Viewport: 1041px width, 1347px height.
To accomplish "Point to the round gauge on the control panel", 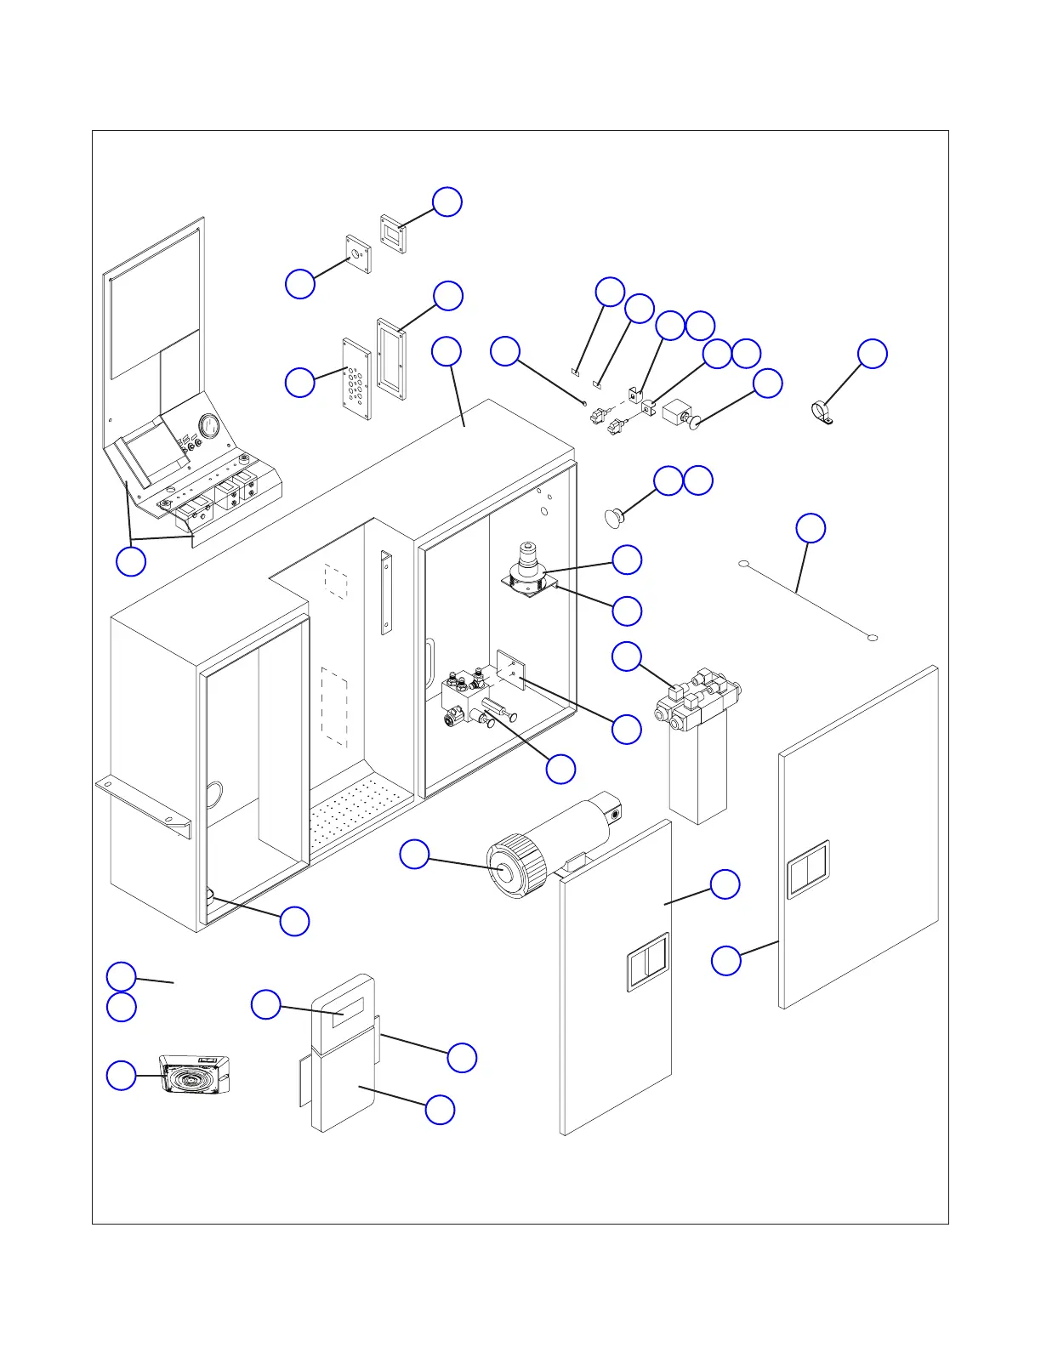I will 208,423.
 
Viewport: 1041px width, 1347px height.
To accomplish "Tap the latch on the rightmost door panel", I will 807,869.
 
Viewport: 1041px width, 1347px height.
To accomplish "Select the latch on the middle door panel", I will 648,962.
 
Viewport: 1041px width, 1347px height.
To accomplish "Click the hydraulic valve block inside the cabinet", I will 468,693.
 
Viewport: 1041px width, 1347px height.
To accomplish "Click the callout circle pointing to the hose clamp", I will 872,354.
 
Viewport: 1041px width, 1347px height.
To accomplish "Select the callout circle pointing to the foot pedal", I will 121,1076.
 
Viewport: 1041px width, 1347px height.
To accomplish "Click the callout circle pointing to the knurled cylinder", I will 414,855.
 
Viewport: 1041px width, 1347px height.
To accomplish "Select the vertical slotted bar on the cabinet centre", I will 386,594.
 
